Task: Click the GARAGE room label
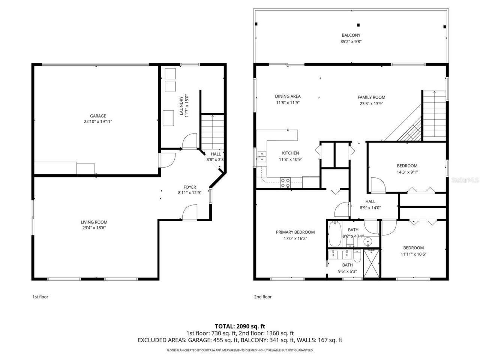click(x=97, y=116)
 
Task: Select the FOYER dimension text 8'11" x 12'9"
click(x=189, y=193)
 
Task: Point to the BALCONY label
click(x=351, y=35)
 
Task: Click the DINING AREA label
click(x=288, y=96)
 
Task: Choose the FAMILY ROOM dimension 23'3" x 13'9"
click(x=371, y=103)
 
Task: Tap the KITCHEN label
click(x=290, y=153)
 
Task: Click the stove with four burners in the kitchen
click(x=285, y=183)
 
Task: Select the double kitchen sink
click(x=261, y=156)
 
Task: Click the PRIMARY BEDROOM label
click(x=295, y=232)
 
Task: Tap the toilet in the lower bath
click(x=357, y=256)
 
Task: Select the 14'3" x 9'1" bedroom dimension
click(x=407, y=172)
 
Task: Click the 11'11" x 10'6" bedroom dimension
click(x=413, y=254)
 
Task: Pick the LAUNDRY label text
click(x=181, y=106)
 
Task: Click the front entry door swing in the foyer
click(x=190, y=212)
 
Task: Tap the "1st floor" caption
click(x=40, y=297)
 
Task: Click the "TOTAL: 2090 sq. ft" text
click(x=240, y=326)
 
